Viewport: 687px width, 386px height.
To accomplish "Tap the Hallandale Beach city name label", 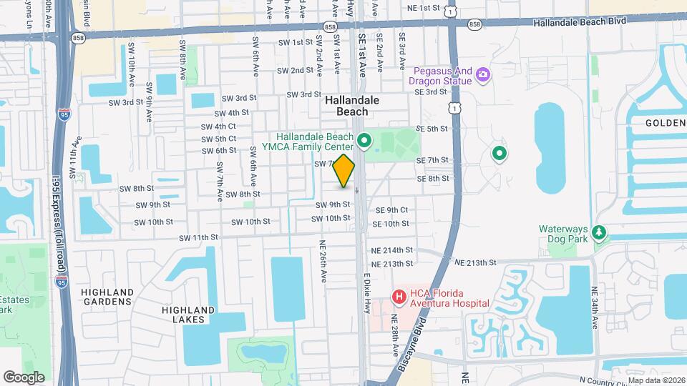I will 346,106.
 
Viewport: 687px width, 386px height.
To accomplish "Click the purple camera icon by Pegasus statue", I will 483,74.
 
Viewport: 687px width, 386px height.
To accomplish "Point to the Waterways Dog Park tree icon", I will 599,233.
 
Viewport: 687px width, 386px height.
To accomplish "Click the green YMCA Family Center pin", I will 364,140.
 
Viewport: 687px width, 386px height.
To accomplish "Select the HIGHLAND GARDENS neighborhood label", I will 107,297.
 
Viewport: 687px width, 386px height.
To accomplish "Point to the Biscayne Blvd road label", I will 410,350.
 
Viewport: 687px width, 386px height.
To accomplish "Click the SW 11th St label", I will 198,237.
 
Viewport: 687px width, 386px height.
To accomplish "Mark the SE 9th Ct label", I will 391,210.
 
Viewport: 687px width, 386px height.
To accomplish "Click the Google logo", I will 24,377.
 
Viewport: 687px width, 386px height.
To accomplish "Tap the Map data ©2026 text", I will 656,380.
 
